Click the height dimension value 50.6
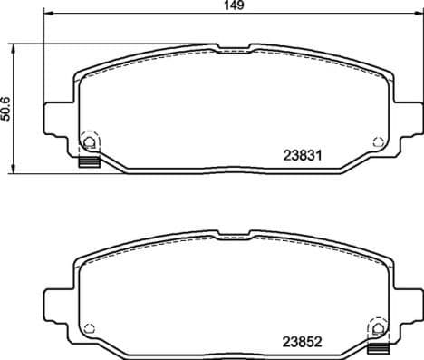coord(8,108)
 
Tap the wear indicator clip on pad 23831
coord(89,162)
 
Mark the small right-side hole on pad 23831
coord(378,141)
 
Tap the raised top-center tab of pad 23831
coord(233,48)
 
